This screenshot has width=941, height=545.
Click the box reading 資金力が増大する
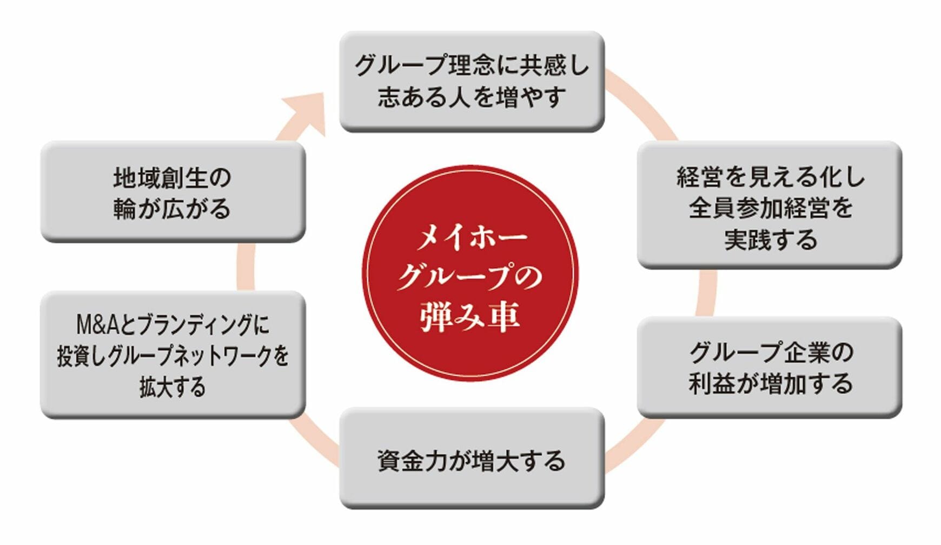(472, 458)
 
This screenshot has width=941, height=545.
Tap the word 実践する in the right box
(770, 240)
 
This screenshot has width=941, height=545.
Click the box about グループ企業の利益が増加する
(770, 368)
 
